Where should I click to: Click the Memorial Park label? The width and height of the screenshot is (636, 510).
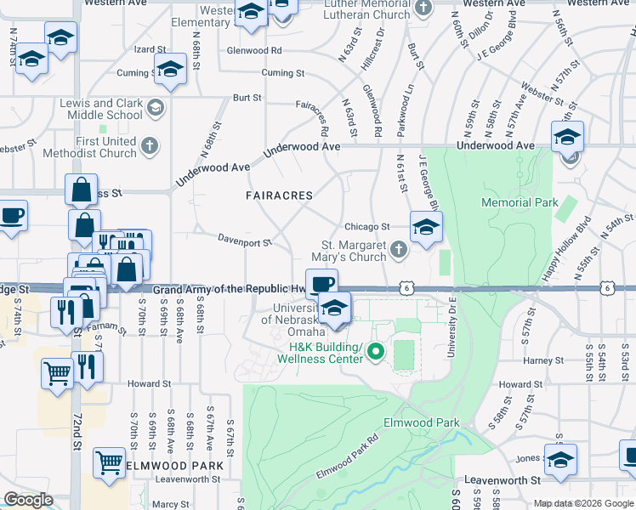520,202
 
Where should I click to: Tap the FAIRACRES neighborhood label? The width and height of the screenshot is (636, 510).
279,195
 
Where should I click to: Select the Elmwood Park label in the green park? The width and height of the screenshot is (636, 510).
433,422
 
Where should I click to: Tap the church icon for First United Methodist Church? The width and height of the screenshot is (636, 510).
150,145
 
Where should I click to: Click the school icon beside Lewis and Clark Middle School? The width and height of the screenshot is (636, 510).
155,108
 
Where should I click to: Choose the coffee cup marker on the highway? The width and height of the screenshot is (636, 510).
321,284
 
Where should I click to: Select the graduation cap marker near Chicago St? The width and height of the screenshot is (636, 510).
426,226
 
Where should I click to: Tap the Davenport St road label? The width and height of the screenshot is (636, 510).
244,241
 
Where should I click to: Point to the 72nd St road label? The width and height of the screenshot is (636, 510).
75,433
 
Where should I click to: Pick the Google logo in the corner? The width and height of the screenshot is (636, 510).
28,501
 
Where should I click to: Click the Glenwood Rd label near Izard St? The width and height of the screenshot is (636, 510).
253,50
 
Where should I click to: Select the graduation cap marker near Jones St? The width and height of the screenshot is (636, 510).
560,460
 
